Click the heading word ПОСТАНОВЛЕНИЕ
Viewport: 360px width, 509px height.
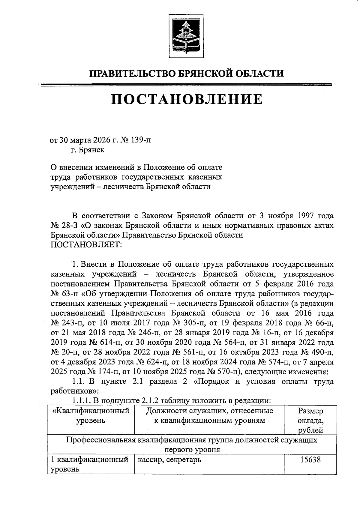point(187,99)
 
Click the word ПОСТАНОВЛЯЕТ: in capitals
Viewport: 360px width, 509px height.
point(86,245)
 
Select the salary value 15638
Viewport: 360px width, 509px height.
point(310,460)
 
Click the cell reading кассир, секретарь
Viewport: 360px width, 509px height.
point(169,460)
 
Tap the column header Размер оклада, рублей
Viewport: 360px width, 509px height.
point(310,420)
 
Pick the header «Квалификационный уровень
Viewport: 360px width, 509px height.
point(91,415)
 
